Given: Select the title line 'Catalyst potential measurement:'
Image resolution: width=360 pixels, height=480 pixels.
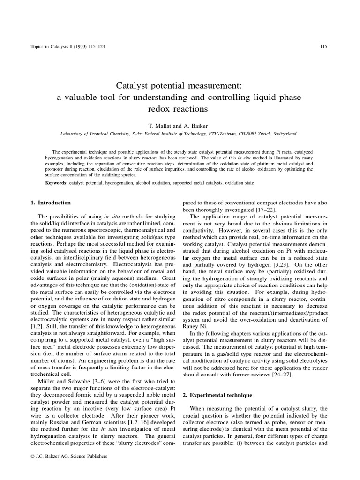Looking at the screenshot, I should point(180,86).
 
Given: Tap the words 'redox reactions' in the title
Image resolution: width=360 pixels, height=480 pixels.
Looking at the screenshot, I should point(180,109).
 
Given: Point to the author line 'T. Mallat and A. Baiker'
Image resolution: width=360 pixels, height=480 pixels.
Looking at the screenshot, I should point(180,126).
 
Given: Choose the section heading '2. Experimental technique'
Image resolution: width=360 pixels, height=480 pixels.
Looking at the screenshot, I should point(214,395).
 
